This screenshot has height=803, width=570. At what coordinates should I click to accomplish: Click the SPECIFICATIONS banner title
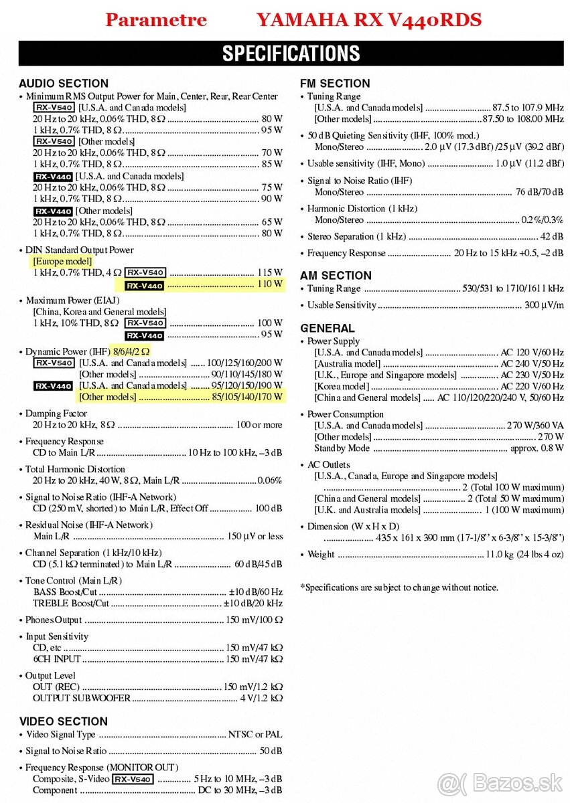(x=291, y=54)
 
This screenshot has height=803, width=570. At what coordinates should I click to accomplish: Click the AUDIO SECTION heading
(x=64, y=84)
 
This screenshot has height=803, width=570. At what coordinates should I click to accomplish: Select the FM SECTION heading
(x=335, y=84)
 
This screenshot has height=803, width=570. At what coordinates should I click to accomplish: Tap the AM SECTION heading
(x=336, y=275)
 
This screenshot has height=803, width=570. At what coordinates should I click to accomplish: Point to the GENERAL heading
(x=328, y=328)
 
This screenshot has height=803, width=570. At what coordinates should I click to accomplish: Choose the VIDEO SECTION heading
(x=63, y=721)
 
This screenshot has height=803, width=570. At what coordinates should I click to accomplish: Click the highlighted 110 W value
(x=270, y=284)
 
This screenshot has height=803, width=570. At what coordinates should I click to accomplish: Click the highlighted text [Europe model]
(x=63, y=261)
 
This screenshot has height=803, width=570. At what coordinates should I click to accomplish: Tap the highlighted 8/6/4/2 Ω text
(x=131, y=351)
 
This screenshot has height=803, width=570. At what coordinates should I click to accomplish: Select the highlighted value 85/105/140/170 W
(x=248, y=397)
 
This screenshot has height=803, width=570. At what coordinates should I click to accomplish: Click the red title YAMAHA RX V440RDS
(x=368, y=20)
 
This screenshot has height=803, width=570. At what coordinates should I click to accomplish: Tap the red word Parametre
(x=156, y=20)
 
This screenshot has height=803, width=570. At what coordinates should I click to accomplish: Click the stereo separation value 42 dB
(x=552, y=236)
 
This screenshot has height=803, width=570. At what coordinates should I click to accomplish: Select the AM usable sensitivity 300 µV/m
(x=544, y=305)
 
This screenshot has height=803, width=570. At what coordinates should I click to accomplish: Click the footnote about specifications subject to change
(x=399, y=588)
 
